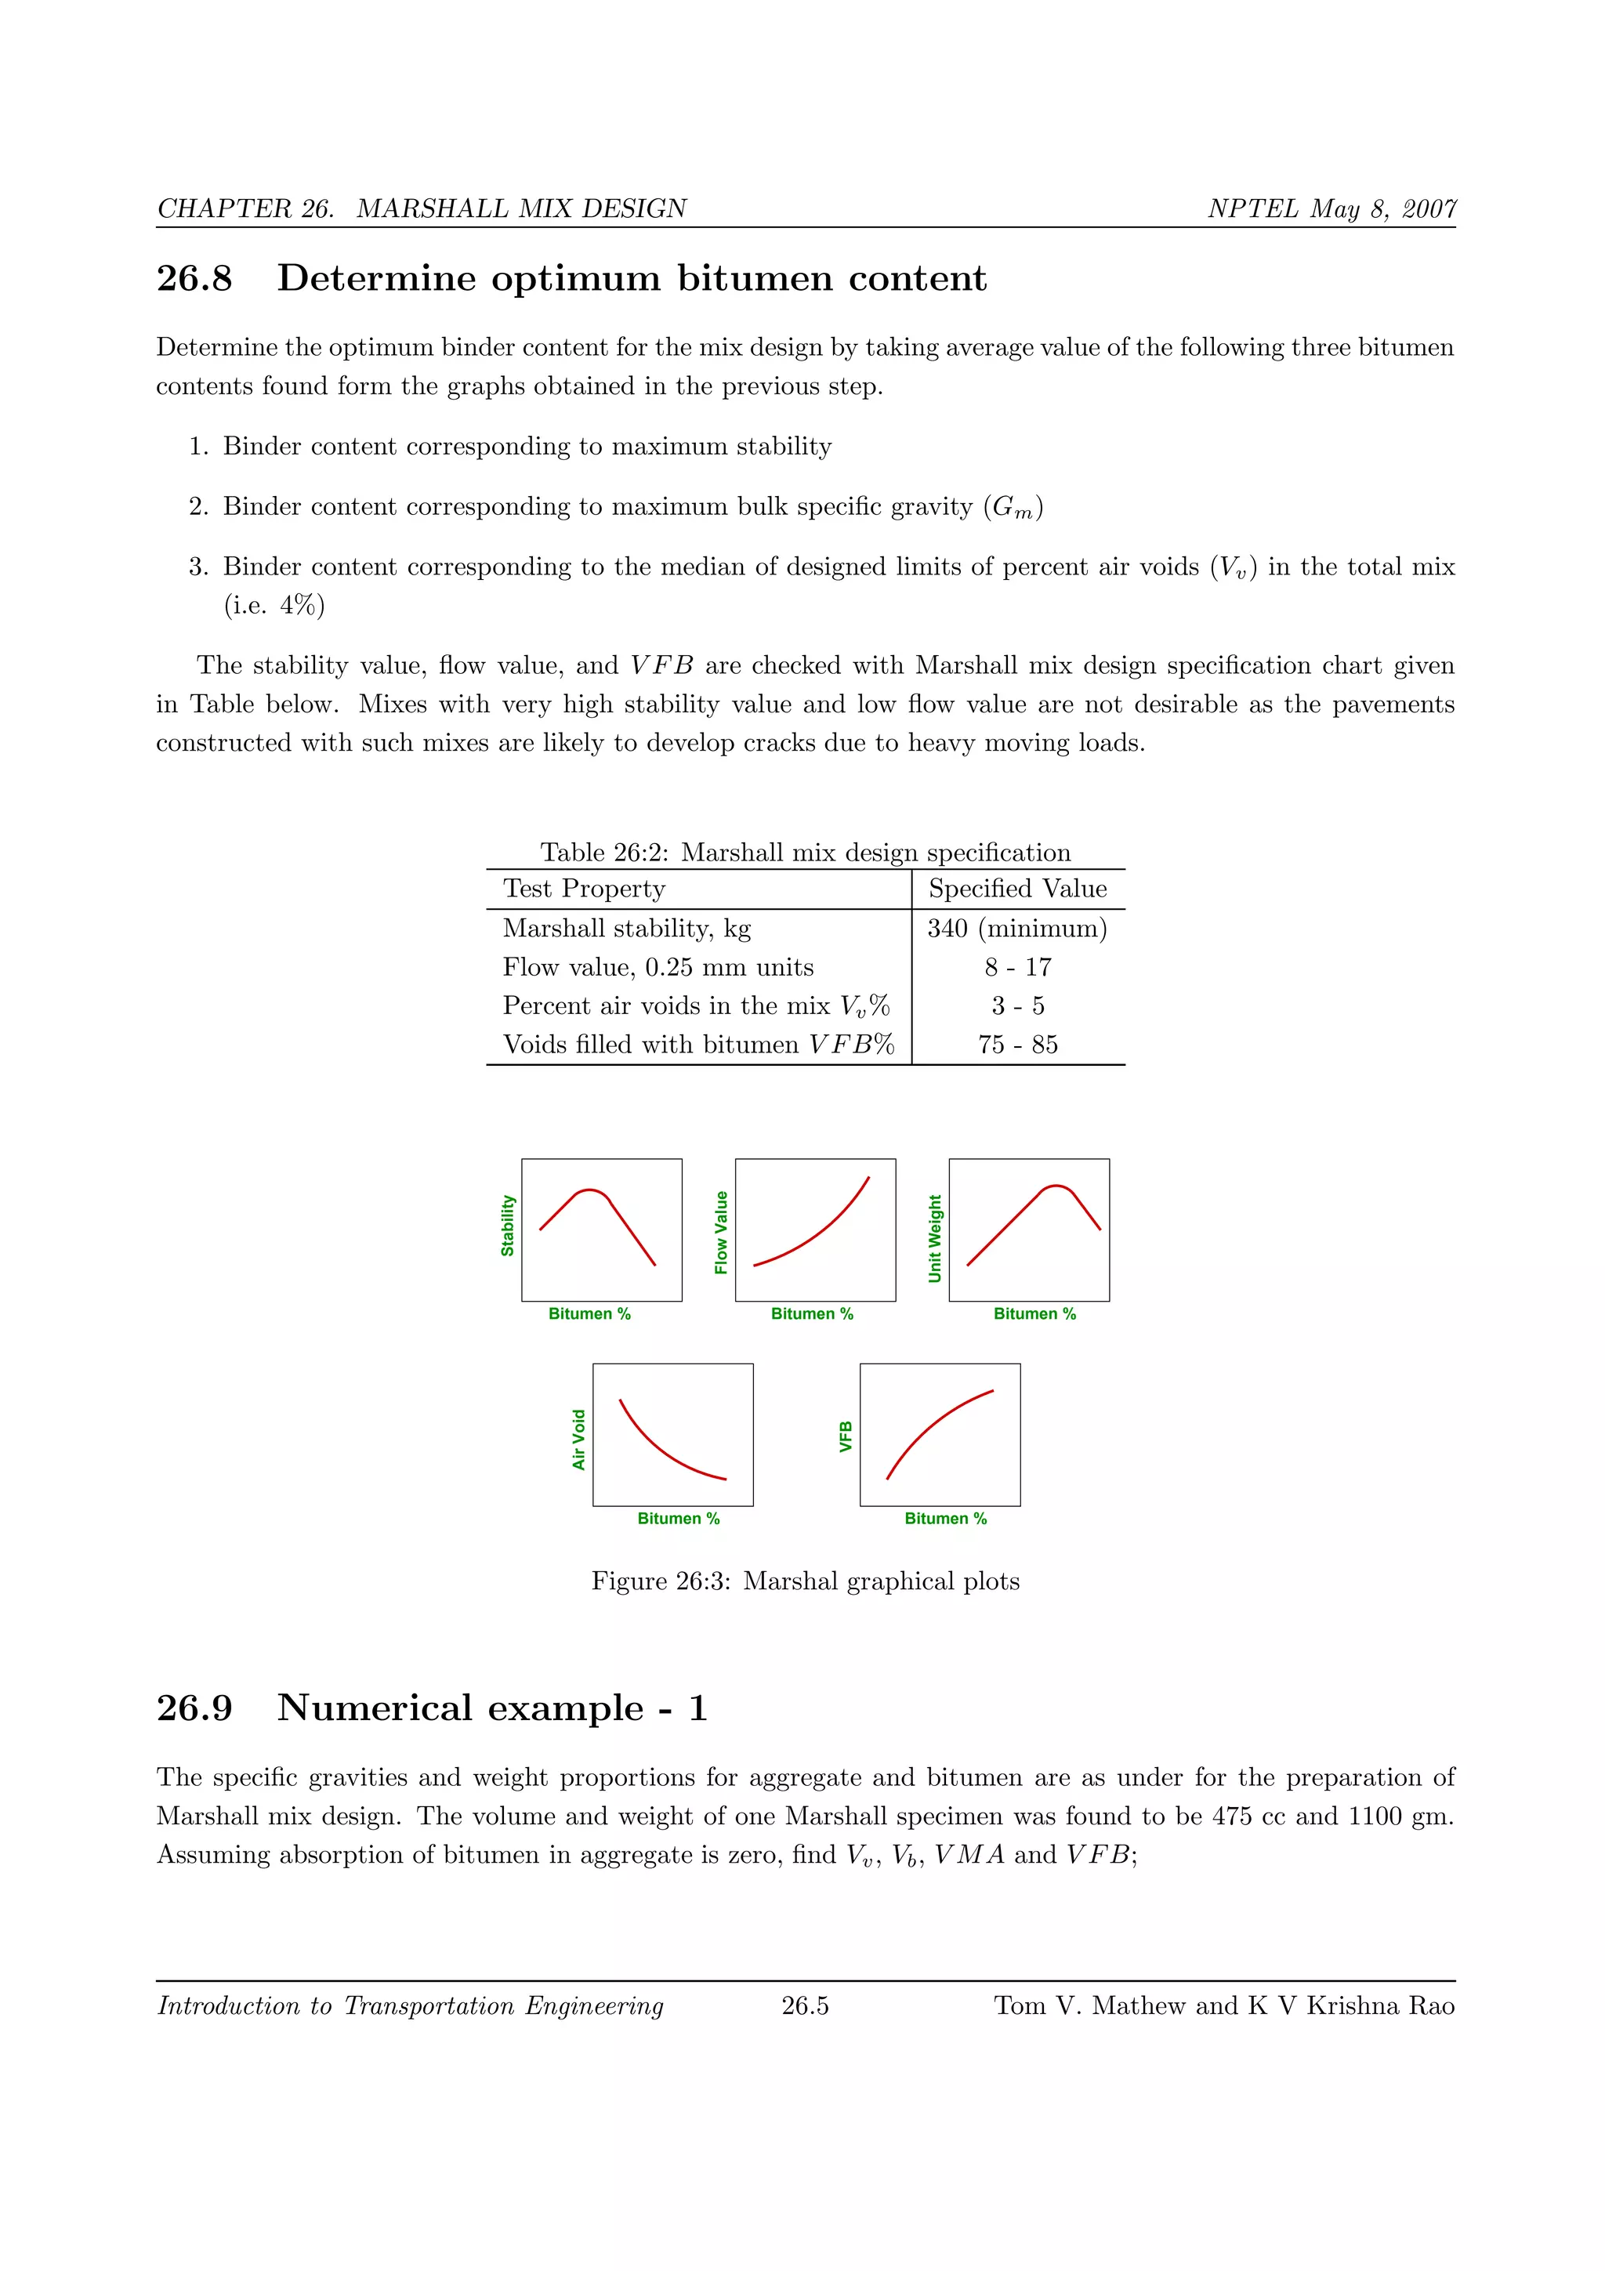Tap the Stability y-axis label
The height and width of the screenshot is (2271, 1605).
tap(507, 1226)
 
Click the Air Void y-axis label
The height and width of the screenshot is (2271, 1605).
tap(578, 1439)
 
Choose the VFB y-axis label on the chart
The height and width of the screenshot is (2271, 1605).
tap(846, 1436)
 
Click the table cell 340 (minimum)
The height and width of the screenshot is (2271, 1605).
tap(1016, 928)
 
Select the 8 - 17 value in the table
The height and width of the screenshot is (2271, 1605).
tap(1017, 966)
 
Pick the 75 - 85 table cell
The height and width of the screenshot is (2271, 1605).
tap(1017, 1045)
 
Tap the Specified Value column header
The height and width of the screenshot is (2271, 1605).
tap(1017, 888)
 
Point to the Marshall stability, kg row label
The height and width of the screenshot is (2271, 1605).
tap(626, 928)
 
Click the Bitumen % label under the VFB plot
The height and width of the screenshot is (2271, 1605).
tap(945, 1518)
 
